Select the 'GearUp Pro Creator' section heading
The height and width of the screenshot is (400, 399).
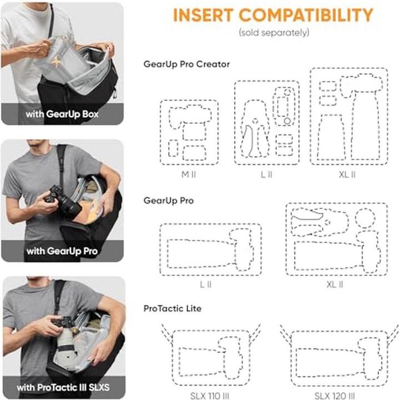coord(186,64)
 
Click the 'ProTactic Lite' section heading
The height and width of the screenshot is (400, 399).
coord(173,308)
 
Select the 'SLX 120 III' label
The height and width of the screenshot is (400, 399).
coord(335,395)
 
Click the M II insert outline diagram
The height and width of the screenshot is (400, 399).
coord(189,133)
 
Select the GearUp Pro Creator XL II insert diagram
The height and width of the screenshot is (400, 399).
coord(349,117)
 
